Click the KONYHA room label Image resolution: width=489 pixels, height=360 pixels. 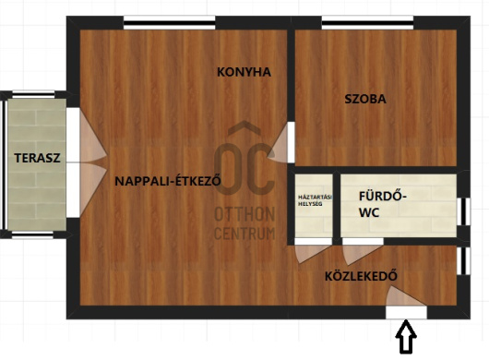[x=244, y=72]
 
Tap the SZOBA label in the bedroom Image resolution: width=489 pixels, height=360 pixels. [x=365, y=99]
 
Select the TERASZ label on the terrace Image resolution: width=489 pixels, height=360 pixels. [x=37, y=158]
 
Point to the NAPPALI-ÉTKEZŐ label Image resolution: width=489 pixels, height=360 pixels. [x=168, y=180]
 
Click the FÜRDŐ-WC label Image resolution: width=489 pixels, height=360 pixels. [x=383, y=204]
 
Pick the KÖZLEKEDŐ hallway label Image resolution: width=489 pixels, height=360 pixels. [x=361, y=275]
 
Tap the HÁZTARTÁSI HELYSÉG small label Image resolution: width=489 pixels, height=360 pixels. [x=315, y=200]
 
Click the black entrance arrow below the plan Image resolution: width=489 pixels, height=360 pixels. [x=406, y=337]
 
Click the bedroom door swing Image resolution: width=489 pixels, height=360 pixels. [x=279, y=142]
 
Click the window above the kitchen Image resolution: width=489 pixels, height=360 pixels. [x=170, y=23]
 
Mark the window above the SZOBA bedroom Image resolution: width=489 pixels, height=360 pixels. [x=368, y=23]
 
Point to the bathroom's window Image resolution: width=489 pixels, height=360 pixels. [x=464, y=211]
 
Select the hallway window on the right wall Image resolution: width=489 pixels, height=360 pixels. [x=464, y=261]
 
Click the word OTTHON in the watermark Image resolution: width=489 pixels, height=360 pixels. [x=244, y=214]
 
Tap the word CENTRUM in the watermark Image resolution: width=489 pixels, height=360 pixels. [x=244, y=234]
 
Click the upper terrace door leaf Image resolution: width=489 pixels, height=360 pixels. [x=92, y=137]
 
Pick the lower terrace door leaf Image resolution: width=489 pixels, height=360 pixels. [x=92, y=188]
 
